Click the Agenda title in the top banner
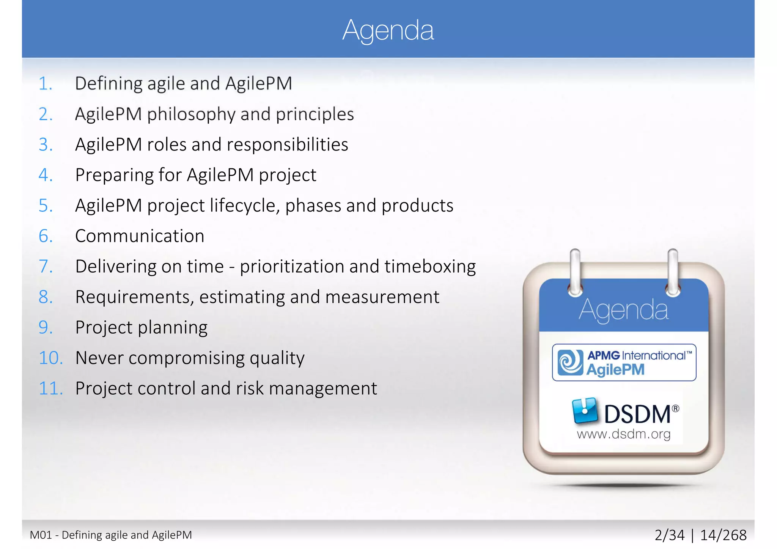tap(388, 30)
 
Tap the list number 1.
tap(45, 84)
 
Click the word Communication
tap(140, 236)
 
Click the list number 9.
tap(45, 328)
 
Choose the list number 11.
tap(50, 389)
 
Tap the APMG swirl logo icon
tap(570, 362)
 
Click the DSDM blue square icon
tap(585, 411)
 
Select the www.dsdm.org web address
tap(624, 434)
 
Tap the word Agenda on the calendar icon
tap(623, 310)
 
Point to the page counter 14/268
tap(723, 535)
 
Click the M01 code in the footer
tap(41, 535)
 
